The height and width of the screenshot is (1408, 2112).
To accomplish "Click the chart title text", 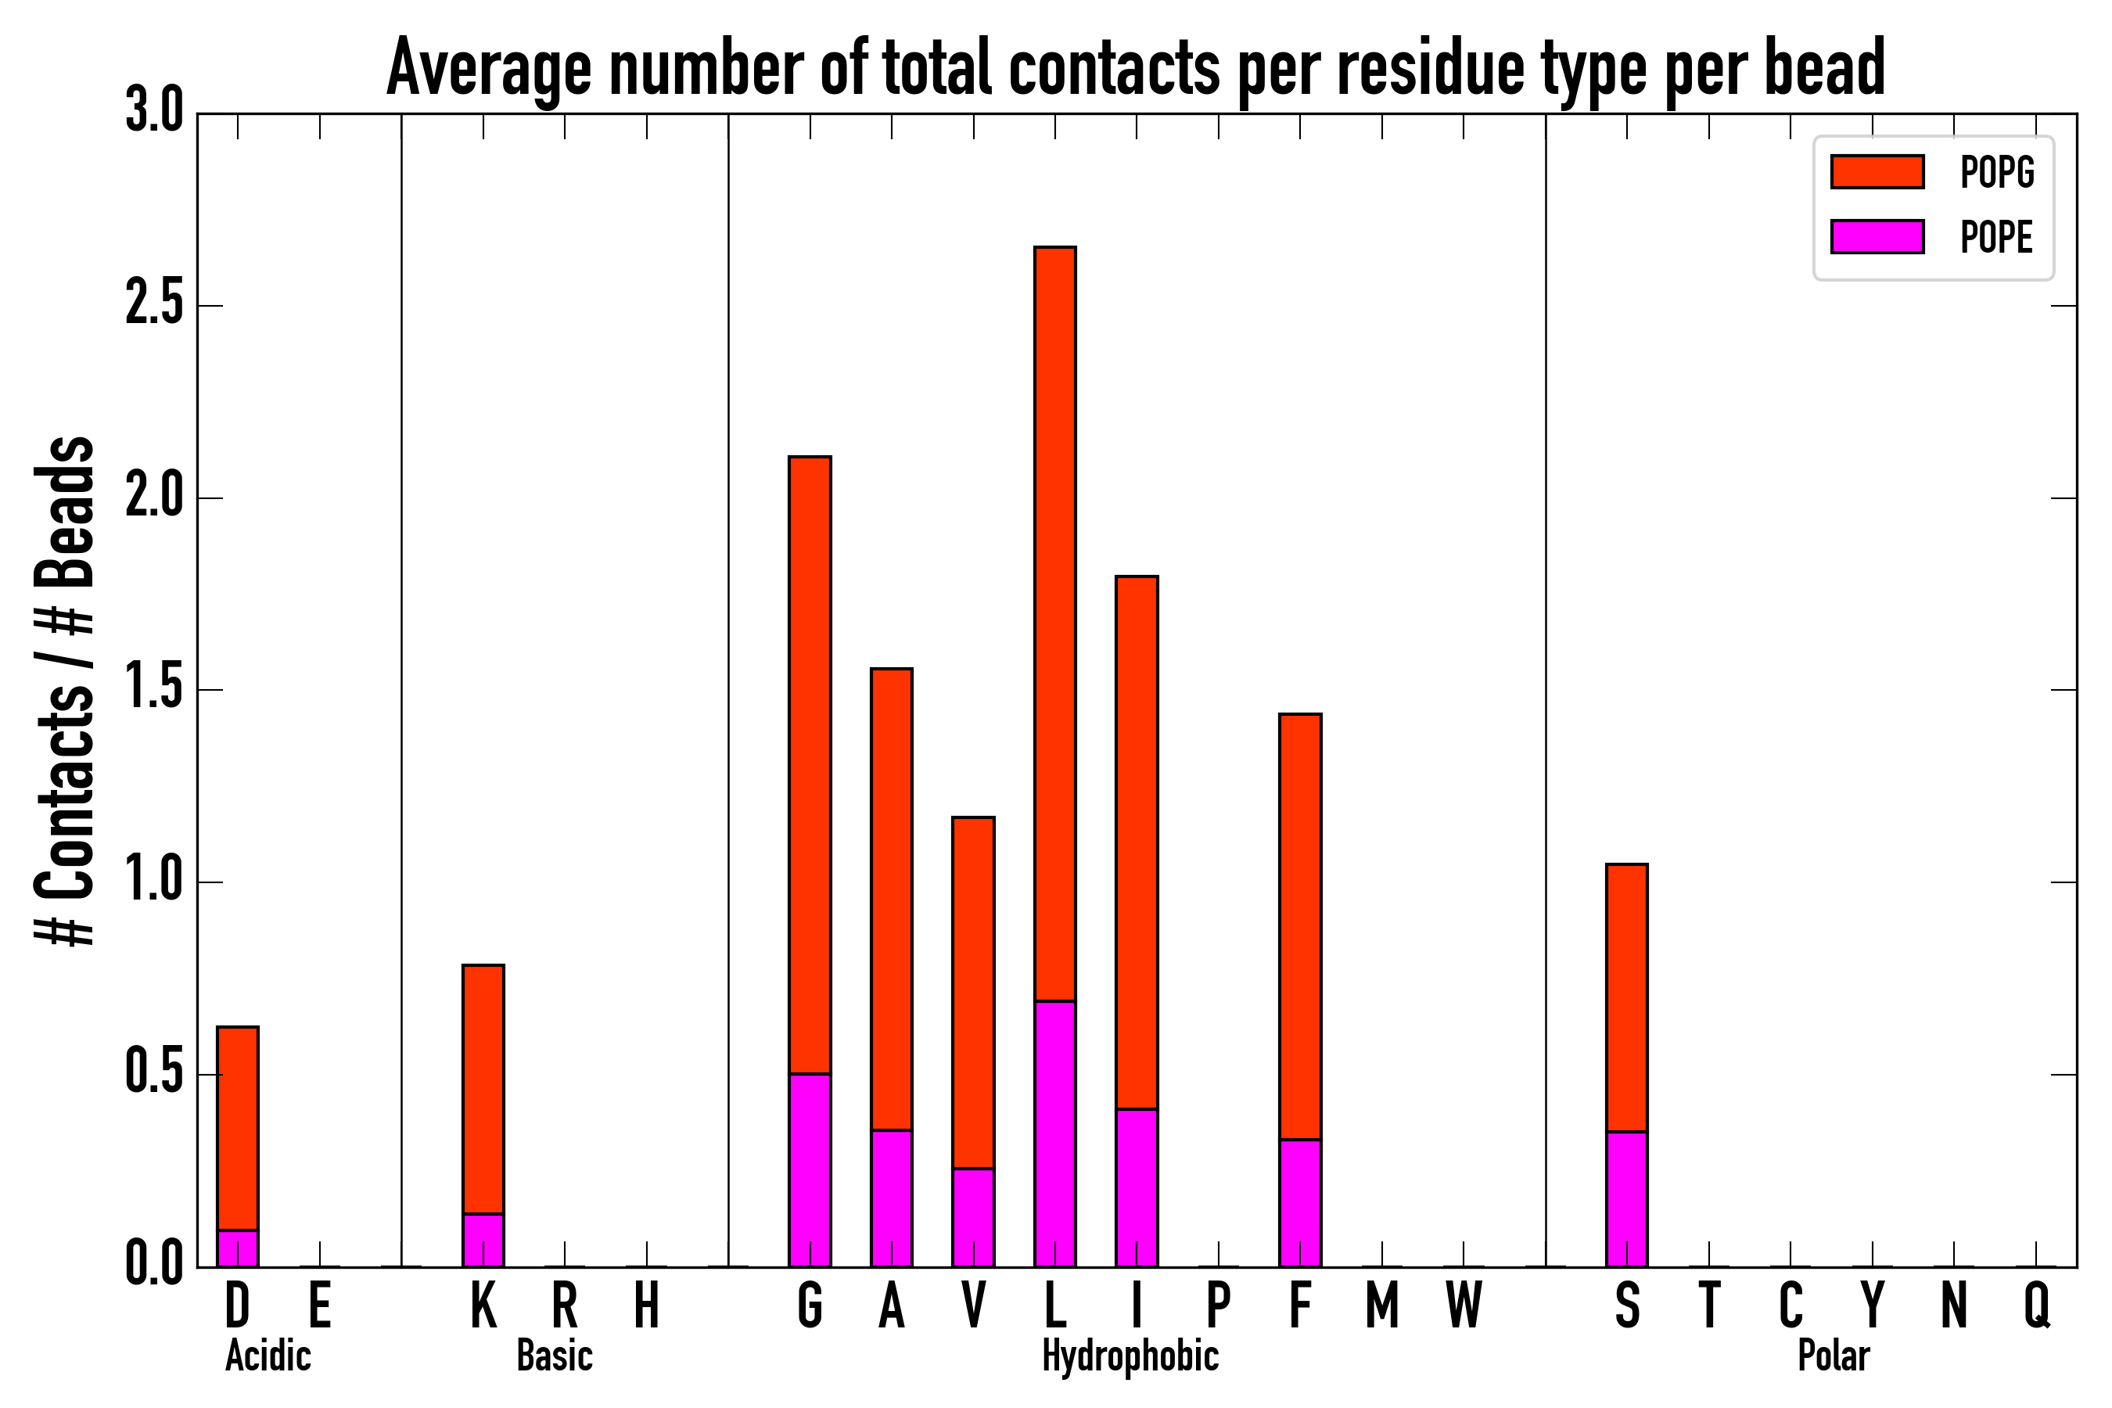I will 1135,68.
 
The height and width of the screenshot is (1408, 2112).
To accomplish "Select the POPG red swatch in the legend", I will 1877,171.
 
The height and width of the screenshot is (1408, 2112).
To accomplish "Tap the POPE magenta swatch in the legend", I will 1877,236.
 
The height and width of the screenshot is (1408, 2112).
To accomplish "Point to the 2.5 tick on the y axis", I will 153,306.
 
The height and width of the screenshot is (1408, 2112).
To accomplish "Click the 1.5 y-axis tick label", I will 153,691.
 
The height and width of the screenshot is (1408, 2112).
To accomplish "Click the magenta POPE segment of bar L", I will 1055,1131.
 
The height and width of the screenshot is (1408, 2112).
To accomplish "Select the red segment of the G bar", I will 810,763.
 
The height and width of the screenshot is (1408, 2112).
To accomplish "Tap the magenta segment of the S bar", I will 1627,1199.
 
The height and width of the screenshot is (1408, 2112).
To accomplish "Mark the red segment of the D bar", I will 238,1128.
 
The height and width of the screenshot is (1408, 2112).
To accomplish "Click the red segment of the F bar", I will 1300,925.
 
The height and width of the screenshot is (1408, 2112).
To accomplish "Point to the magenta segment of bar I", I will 1137,1187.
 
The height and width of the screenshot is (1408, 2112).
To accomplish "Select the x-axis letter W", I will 1464,1306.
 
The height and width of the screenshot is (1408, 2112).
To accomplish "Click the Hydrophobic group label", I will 1130,1356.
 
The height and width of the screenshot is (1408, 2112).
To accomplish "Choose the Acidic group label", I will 268,1356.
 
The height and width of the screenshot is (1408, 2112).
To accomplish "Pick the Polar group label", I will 1834,1356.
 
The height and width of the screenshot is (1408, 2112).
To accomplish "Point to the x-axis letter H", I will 647,1306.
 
